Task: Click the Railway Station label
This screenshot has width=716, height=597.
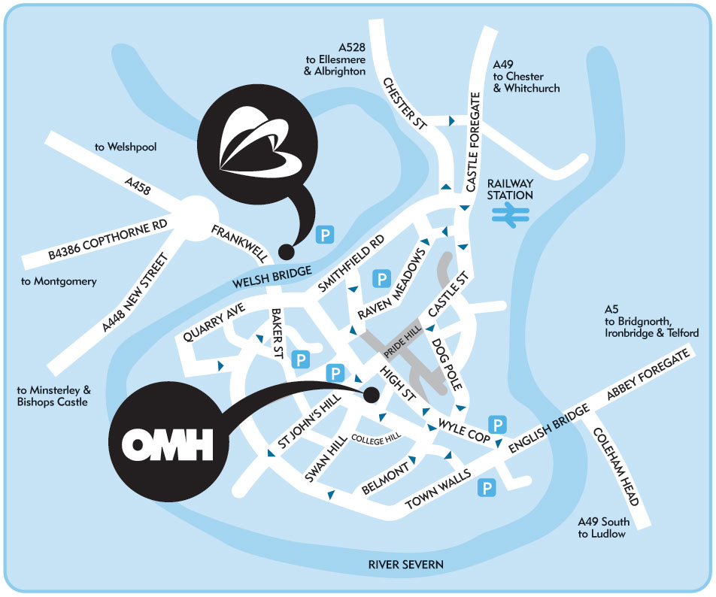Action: tap(510, 189)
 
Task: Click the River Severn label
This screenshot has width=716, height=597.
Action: tap(406, 564)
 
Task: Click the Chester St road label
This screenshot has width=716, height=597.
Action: tap(404, 105)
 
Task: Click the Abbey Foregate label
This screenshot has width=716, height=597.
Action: tap(648, 376)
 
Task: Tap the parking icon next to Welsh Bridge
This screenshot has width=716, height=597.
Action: tap(325, 235)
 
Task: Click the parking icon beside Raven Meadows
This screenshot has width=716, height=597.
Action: tap(382, 280)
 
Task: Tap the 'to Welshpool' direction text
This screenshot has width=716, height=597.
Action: tap(126, 147)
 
